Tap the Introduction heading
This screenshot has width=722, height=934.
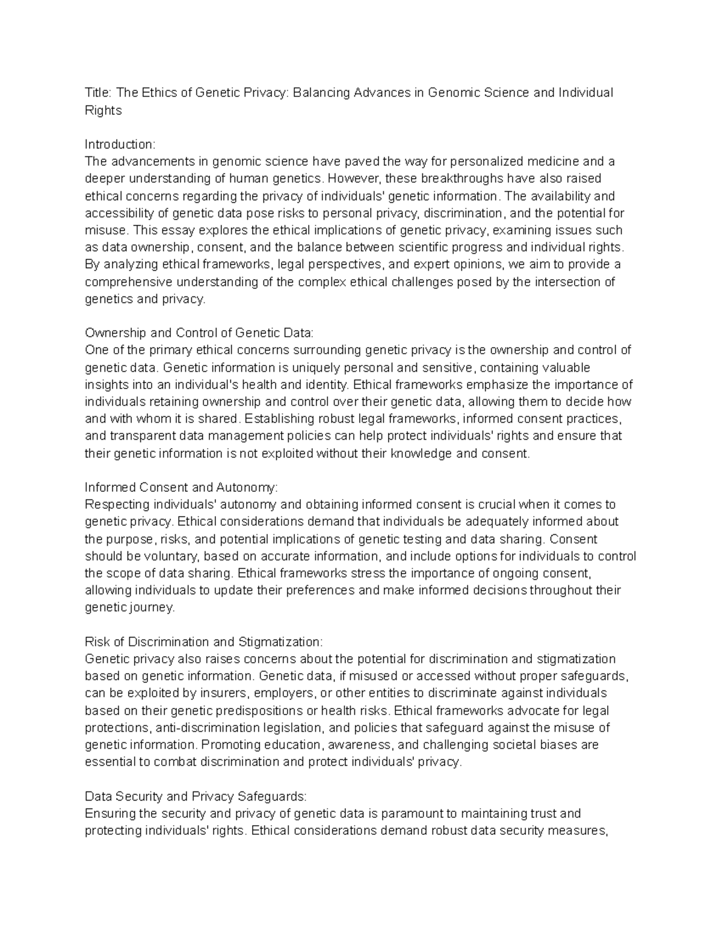point(120,144)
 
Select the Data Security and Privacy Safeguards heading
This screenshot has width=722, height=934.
point(196,796)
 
